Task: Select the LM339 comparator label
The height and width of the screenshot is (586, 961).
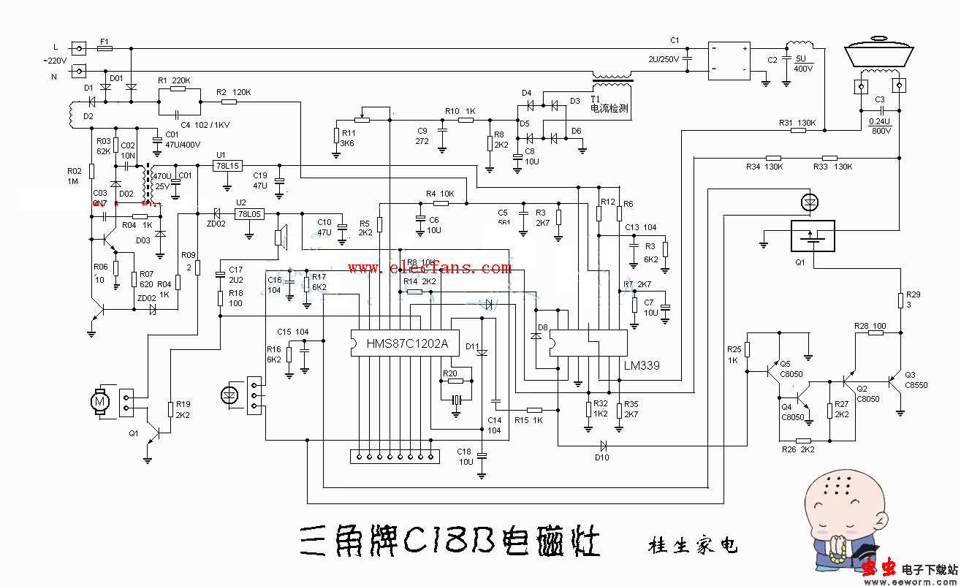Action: coord(642,364)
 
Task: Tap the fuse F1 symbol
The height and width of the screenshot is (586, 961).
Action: coord(105,48)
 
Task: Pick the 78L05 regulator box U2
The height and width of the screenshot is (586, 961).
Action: coord(248,214)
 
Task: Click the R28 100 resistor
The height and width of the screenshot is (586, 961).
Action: coord(875,332)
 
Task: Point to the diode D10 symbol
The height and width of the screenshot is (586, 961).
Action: coord(603,444)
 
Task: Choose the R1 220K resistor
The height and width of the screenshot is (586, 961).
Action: coord(179,88)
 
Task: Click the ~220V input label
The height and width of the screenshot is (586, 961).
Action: coord(55,61)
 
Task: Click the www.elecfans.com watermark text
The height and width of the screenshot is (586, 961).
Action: coord(429,268)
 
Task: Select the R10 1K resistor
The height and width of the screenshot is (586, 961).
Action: coord(466,120)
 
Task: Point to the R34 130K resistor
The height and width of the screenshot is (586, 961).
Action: coord(773,158)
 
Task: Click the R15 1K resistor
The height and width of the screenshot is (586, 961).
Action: coord(534,410)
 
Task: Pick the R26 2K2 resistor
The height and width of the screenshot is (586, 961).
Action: coord(803,441)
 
